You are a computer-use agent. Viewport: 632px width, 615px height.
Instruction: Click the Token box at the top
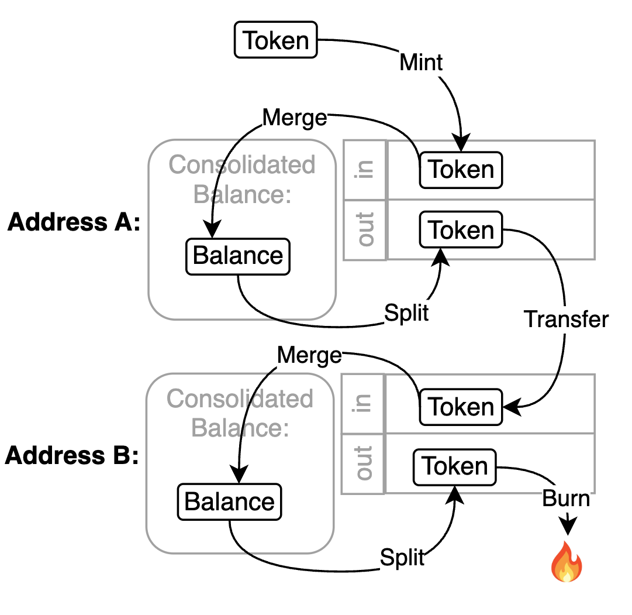click(276, 40)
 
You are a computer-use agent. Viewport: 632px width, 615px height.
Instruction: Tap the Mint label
click(421, 63)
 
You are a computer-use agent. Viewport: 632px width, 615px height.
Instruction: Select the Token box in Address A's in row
click(461, 170)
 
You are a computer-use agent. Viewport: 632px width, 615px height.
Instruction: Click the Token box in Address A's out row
click(461, 229)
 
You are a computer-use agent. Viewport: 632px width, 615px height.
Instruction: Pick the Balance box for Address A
click(238, 257)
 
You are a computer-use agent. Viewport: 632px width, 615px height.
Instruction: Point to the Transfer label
click(566, 319)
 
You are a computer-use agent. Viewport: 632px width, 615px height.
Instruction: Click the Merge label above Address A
click(295, 118)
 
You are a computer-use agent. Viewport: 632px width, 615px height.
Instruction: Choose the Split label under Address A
click(406, 313)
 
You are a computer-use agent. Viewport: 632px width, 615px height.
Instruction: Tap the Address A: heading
click(74, 222)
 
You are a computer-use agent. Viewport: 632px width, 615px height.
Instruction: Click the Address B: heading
click(72, 455)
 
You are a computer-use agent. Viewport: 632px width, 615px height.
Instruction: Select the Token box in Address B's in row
click(461, 407)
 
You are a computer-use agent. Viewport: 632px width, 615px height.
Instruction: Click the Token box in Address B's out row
click(455, 467)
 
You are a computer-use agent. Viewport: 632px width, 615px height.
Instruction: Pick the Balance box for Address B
click(229, 502)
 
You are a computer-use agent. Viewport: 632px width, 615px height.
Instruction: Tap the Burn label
click(566, 498)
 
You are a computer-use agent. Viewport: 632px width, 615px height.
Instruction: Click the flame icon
click(567, 561)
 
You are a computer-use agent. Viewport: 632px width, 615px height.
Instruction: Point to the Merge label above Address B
click(309, 356)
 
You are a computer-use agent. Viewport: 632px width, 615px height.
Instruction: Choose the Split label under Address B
click(402, 558)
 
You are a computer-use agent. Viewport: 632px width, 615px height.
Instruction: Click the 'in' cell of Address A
click(365, 170)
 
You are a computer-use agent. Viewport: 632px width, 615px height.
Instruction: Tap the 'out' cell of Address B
click(362, 463)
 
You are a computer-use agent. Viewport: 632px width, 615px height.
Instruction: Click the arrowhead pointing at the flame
click(568, 526)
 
